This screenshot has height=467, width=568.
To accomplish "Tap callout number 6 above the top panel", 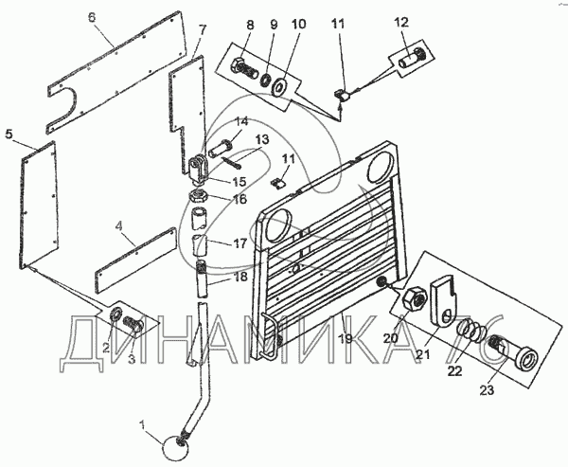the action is tap(91, 18).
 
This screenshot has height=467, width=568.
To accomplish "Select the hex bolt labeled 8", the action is tap(240, 69).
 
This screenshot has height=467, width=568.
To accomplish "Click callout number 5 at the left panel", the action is tap(9, 135).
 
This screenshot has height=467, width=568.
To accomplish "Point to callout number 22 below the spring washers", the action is tap(456, 371).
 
